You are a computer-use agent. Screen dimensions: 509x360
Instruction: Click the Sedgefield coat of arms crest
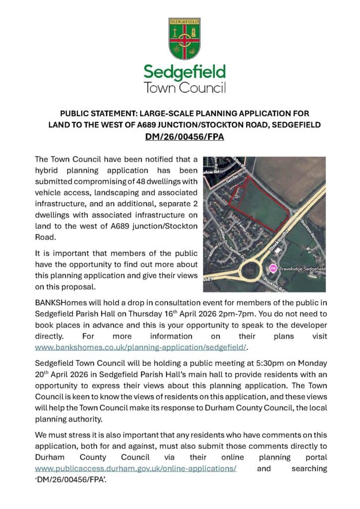point(184,39)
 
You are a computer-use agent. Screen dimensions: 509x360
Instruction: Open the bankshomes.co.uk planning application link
point(141,347)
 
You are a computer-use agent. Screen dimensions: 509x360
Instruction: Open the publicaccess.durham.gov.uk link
point(135,468)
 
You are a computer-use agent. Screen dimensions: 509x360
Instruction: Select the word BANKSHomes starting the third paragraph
point(58,303)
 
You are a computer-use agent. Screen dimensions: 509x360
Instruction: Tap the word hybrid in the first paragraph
point(49,170)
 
